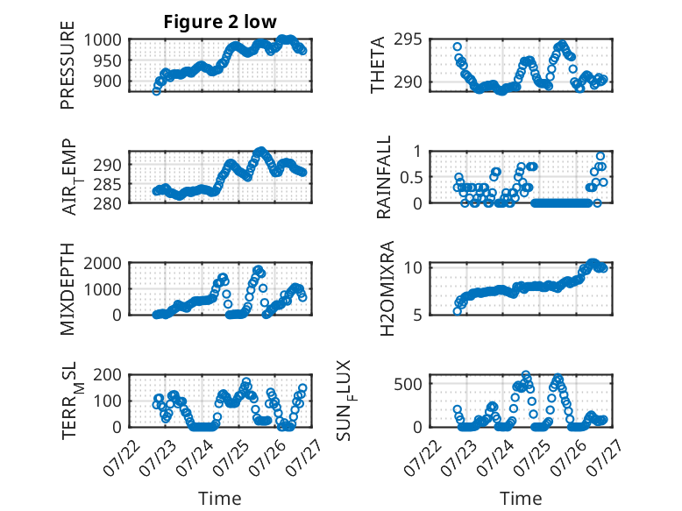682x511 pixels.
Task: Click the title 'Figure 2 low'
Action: coord(220,22)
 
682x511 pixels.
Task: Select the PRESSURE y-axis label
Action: coord(67,65)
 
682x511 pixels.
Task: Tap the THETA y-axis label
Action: coord(378,65)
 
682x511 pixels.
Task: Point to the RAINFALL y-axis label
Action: coord(384,177)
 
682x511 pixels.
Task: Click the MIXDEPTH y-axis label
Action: coord(67,289)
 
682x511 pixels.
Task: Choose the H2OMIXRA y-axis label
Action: coord(387,288)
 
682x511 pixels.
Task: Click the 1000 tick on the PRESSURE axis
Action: coord(103,40)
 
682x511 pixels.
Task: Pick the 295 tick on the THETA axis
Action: coord(408,39)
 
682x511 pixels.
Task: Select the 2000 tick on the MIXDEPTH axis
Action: coord(103,263)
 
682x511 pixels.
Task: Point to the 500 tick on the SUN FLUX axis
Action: coord(408,384)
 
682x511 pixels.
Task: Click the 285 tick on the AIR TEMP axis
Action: coord(108,184)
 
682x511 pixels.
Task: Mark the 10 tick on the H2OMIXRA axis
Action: coord(413,267)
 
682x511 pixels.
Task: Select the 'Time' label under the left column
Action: coord(220,499)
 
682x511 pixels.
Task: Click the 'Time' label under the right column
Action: coord(521,499)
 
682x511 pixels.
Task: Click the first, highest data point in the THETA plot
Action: coord(457,46)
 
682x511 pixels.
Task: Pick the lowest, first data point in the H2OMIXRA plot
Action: coord(457,311)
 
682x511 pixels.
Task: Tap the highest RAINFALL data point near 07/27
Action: coord(600,156)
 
